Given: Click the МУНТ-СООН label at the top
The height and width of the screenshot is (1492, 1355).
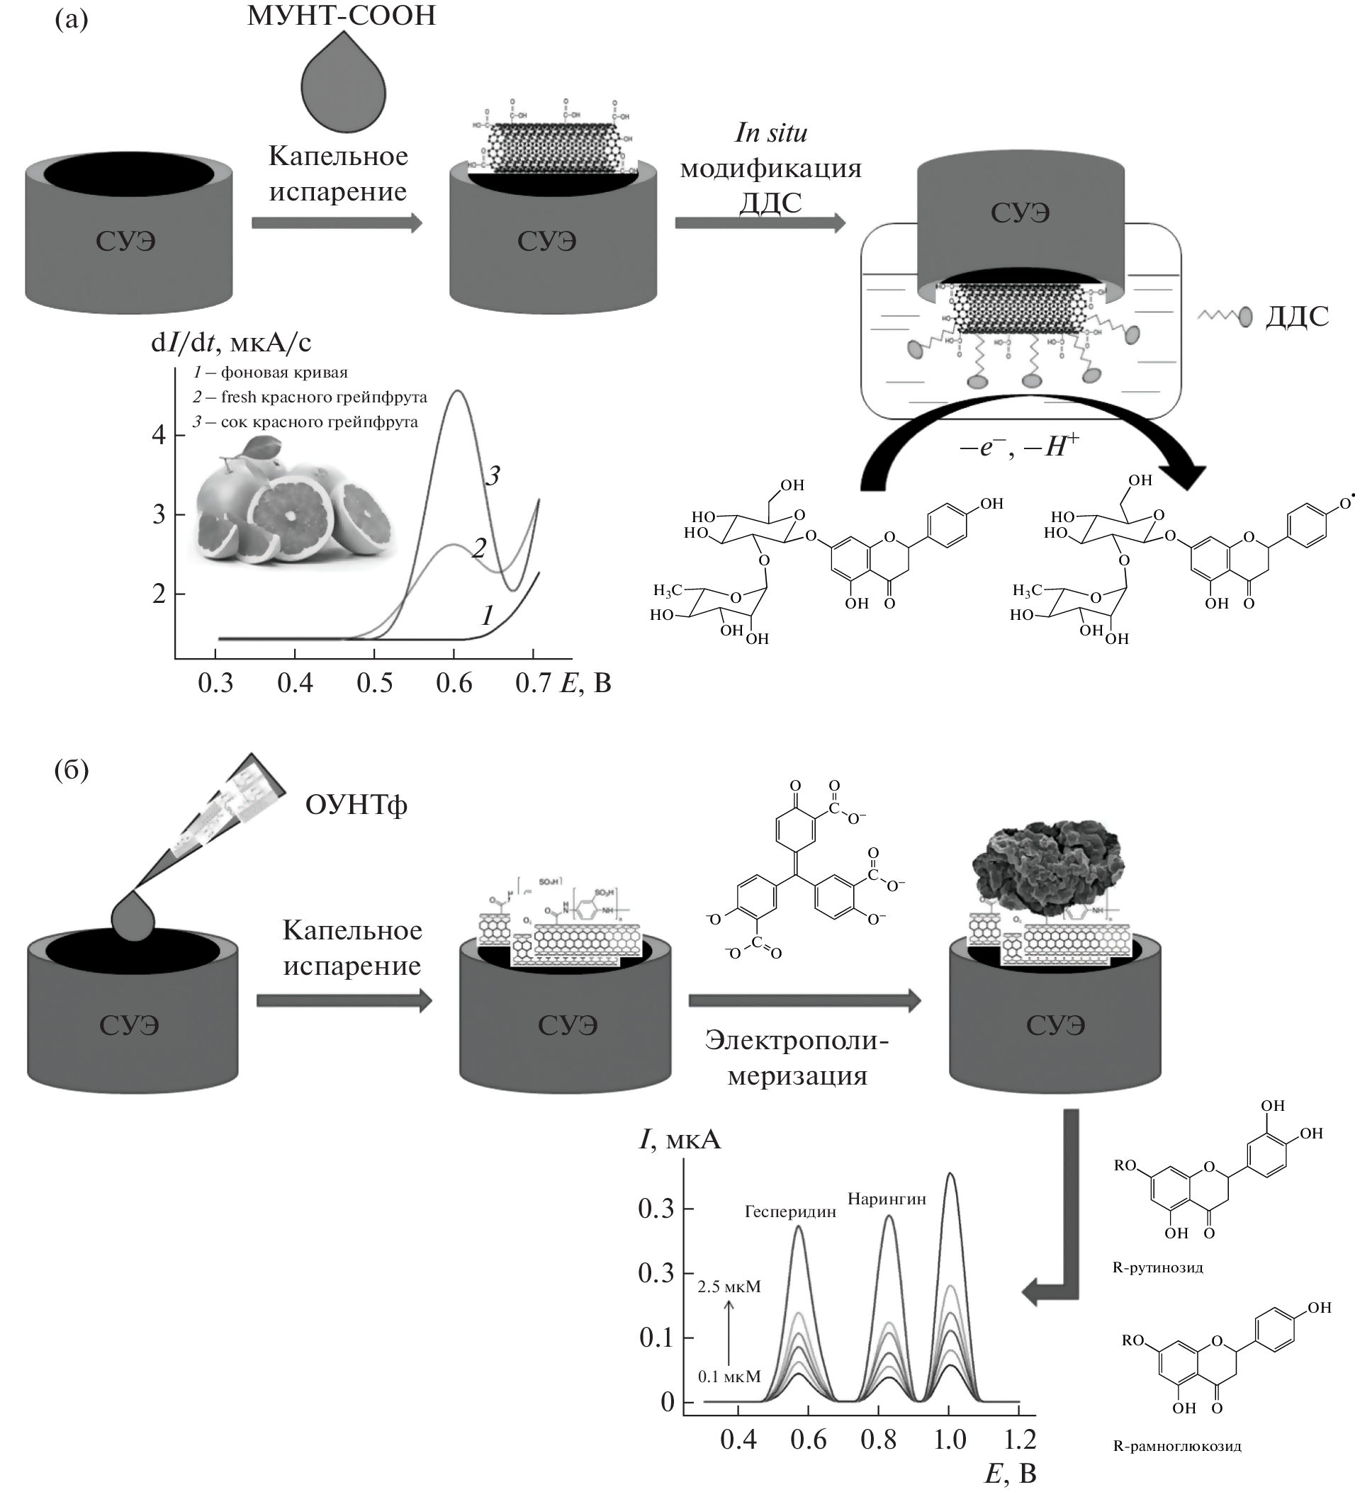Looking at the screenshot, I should (x=342, y=16).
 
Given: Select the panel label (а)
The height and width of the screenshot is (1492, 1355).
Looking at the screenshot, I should (x=71, y=18).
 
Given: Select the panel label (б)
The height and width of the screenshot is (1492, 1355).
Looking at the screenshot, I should (x=71, y=769).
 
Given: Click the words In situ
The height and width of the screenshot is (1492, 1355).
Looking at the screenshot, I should (x=770, y=133).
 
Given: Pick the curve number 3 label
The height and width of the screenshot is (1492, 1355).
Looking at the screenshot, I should (x=493, y=475).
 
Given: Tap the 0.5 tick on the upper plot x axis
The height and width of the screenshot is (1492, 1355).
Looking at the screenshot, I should (x=374, y=682).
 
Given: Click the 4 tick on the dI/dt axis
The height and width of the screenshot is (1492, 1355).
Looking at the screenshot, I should (x=159, y=434).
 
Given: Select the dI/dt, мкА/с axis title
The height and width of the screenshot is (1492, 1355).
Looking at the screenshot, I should (x=231, y=342).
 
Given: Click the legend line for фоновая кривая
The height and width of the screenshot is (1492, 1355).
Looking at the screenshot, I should (x=270, y=372).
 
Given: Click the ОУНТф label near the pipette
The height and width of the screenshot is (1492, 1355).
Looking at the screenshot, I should (x=356, y=805).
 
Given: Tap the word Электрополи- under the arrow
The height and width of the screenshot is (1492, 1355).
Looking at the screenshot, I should (x=796, y=1040).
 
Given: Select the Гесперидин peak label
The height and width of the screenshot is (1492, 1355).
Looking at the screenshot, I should (x=790, y=1211).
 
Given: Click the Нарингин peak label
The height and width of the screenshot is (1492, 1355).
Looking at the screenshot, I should (x=887, y=1199).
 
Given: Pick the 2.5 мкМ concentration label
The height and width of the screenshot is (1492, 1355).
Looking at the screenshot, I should (x=729, y=1287).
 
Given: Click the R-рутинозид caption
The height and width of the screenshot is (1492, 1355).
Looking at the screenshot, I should (x=1157, y=1267).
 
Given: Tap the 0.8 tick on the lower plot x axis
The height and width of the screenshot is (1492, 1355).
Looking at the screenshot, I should (x=879, y=1439).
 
